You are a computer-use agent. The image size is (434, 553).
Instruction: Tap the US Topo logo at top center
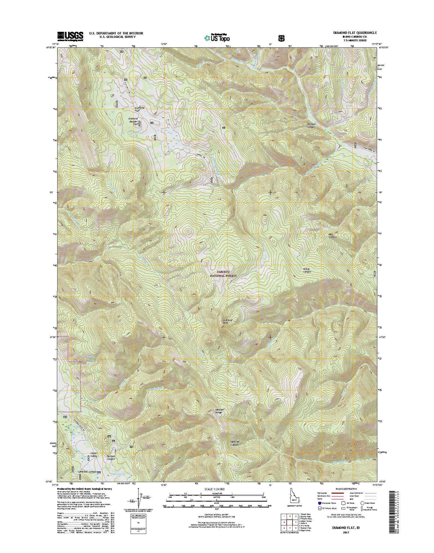click(217, 37)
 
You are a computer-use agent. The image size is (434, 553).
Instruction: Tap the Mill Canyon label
click(333, 236)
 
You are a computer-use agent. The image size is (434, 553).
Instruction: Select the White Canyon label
click(306, 270)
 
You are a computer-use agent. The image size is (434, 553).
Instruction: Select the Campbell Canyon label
click(87, 472)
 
